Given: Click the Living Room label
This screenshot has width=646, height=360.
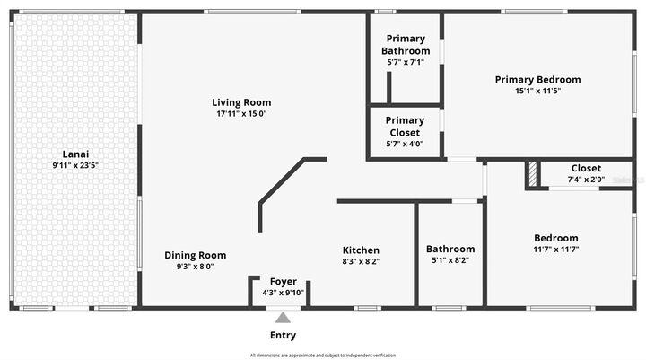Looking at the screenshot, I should pos(241,102).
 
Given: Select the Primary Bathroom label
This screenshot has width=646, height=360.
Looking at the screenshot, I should pos(406,45).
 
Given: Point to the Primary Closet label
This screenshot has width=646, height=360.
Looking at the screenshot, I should pos(405,127).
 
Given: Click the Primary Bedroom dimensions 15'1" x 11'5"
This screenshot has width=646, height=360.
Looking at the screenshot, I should pos(537,91).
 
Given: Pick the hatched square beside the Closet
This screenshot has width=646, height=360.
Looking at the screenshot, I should pos(532,174).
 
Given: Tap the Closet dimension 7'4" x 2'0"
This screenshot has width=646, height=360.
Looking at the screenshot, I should pos(586,180).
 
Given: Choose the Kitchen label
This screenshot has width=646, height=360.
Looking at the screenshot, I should pos(361,250).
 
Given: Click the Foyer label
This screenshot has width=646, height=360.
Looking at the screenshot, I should pos(283,282).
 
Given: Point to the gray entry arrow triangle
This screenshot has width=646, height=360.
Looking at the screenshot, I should pos(283,317).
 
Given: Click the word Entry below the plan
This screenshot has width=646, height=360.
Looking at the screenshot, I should pos(283,335).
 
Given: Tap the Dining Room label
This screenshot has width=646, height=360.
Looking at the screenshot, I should pos(195,255).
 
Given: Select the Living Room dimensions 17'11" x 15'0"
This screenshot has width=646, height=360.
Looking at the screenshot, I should pos(241,114).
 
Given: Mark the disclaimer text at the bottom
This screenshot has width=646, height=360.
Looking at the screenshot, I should pos(322,356).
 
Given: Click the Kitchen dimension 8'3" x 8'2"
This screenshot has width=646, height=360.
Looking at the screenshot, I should pos(361,261).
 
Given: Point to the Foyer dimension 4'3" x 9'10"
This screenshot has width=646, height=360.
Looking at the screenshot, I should pos(283,293).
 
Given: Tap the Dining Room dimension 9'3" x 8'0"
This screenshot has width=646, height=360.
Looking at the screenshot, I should pos(195,267).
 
